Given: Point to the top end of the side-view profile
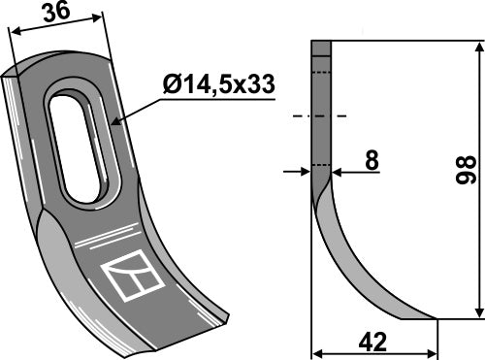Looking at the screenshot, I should [321, 42].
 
